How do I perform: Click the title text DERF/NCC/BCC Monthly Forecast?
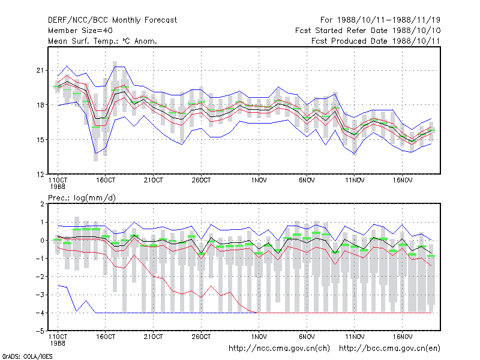click(x=112, y=20)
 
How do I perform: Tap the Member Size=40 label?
click(x=80, y=31)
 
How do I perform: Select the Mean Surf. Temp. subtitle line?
click(x=102, y=41)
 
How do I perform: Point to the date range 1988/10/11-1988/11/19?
click(x=388, y=20)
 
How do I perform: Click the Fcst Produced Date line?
click(x=376, y=41)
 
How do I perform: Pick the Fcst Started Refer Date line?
click(x=368, y=31)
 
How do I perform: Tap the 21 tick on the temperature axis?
click(x=40, y=70)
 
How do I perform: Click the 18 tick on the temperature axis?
click(x=40, y=105)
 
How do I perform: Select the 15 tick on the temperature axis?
click(x=40, y=140)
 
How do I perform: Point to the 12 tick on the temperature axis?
click(x=40, y=175)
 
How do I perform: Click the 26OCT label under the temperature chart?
click(x=201, y=181)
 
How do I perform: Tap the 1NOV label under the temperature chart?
click(x=259, y=181)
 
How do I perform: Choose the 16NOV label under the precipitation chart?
click(x=402, y=337)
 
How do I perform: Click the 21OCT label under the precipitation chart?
click(x=154, y=337)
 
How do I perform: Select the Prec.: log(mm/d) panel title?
click(x=82, y=198)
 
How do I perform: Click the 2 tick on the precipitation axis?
click(x=42, y=204)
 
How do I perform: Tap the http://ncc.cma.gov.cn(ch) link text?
click(x=279, y=349)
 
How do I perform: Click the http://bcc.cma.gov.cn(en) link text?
click(x=389, y=349)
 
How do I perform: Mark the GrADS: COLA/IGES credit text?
click(x=27, y=356)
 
